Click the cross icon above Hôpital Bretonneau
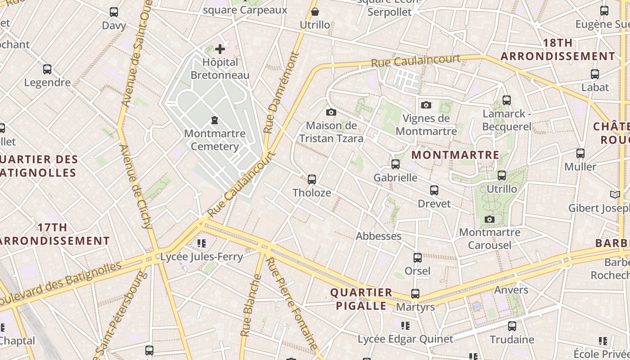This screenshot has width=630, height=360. (x=220, y=49)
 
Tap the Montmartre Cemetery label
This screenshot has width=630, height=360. (x=215, y=140)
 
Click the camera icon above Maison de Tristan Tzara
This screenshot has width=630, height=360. (x=331, y=112)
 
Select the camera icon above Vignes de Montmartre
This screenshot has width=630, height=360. (x=426, y=105)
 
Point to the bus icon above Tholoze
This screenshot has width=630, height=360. (x=311, y=180)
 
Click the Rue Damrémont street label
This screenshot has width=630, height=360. (x=281, y=93)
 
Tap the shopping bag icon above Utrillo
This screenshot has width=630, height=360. (x=315, y=12)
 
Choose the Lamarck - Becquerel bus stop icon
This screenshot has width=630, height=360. (x=506, y=100)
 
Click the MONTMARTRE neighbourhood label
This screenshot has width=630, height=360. (x=455, y=155)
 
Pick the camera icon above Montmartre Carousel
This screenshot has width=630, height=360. (x=490, y=220)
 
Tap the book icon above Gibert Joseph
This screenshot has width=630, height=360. (x=615, y=195)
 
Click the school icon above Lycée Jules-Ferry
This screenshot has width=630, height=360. (x=202, y=243)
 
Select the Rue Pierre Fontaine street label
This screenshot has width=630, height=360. (x=291, y=303)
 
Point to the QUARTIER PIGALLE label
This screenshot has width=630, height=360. (x=361, y=299)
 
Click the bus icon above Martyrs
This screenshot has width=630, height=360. (x=415, y=294)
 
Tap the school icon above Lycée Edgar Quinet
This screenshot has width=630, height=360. (x=405, y=325)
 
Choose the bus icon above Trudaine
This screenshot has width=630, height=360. (x=512, y=326)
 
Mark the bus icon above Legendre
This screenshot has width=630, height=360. (x=47, y=69)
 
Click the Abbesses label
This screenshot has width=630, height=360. (x=378, y=236)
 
